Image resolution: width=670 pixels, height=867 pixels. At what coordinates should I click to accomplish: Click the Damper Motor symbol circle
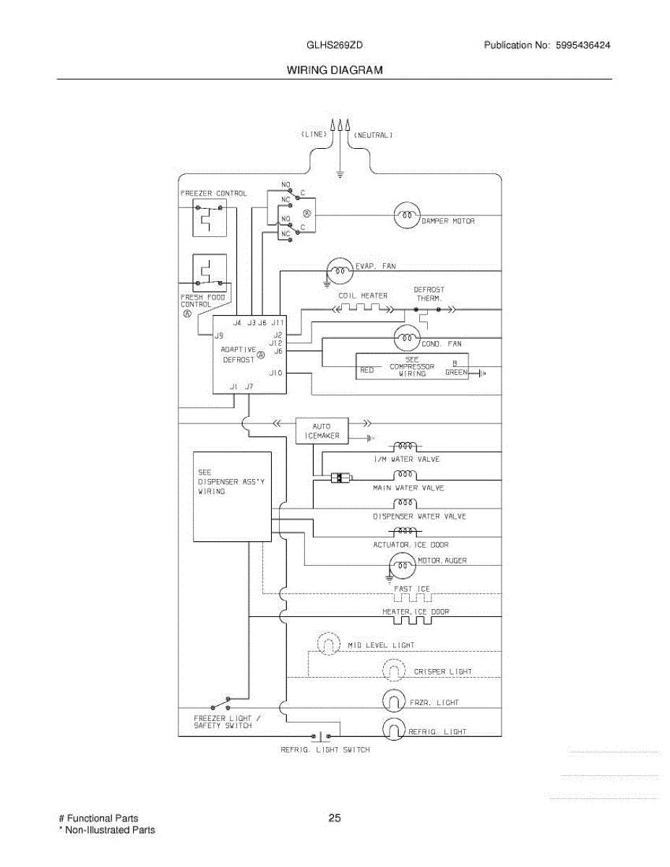click(x=407, y=215)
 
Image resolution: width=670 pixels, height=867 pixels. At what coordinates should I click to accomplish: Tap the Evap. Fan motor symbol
click(x=340, y=271)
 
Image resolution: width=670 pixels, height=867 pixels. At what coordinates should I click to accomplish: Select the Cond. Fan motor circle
click(x=407, y=338)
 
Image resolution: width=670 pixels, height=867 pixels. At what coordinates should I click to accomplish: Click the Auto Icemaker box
click(x=322, y=431)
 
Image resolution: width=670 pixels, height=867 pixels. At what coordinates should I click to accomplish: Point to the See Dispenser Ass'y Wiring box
click(x=232, y=497)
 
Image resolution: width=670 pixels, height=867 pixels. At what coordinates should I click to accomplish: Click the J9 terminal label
click(x=219, y=336)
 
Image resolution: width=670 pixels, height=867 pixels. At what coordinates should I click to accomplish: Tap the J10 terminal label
click(x=276, y=373)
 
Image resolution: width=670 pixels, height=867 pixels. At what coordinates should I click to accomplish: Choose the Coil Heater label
click(x=363, y=296)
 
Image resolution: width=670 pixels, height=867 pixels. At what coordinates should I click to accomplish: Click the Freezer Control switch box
click(x=210, y=218)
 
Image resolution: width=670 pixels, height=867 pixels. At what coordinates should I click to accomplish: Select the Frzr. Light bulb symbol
click(x=394, y=701)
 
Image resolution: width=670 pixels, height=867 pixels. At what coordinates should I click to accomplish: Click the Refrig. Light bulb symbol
click(x=394, y=729)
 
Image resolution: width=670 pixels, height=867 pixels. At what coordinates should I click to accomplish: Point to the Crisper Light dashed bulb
click(x=394, y=670)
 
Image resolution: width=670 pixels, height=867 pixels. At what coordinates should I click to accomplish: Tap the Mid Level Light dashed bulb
click(x=328, y=643)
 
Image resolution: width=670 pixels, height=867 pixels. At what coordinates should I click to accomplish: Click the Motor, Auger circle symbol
click(x=403, y=566)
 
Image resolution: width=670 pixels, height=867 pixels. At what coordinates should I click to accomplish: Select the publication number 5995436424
click(x=583, y=45)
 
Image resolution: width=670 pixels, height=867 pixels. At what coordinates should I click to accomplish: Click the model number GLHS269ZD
click(x=335, y=45)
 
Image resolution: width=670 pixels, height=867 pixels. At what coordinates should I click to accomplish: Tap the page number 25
click(x=335, y=819)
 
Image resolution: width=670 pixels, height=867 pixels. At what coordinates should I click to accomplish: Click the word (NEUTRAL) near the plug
click(x=374, y=135)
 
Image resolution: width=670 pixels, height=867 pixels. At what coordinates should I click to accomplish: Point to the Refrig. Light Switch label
click(x=325, y=750)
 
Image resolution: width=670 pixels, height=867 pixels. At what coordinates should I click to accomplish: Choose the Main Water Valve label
click(x=408, y=488)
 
